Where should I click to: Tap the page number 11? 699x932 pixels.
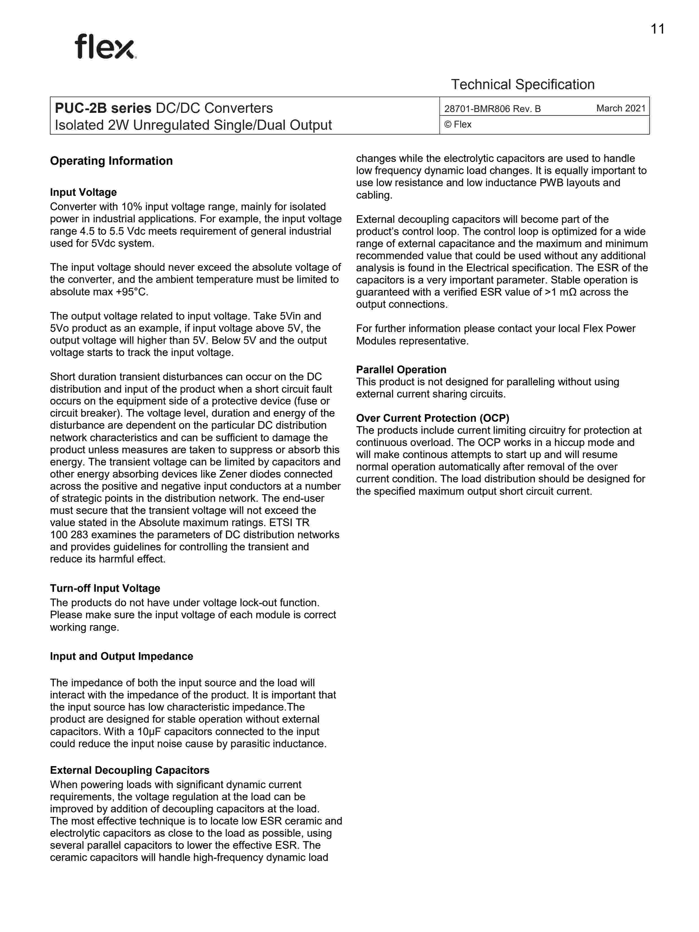tap(657, 29)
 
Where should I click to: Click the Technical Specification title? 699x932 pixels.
tap(522, 85)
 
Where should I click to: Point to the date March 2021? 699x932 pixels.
tap(621, 108)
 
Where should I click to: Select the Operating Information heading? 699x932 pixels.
tap(111, 161)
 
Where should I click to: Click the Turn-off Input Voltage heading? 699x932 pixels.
tap(105, 588)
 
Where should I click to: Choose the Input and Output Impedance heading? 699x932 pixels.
tap(121, 656)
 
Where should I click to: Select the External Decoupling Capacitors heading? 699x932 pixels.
tap(129, 770)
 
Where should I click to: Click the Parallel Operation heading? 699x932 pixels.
tap(401, 370)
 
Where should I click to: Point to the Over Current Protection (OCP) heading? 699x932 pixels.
tap(433, 418)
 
